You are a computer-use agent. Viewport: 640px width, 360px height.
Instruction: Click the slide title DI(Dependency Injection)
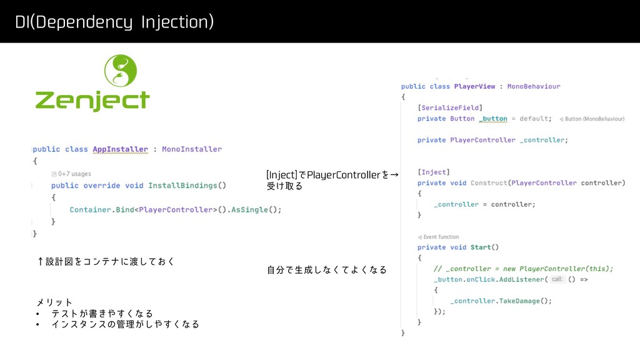(x=114, y=23)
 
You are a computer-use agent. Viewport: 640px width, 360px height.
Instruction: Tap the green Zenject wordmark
(x=92, y=101)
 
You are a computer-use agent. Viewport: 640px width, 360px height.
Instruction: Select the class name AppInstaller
(x=120, y=149)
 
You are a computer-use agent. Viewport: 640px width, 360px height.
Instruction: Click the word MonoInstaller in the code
(x=192, y=149)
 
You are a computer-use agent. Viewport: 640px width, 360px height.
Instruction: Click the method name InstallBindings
(x=184, y=186)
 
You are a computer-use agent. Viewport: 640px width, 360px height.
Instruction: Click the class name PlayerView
(x=474, y=86)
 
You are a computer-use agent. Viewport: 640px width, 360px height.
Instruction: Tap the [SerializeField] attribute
(x=450, y=107)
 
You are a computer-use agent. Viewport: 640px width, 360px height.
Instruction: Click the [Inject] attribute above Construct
(x=433, y=172)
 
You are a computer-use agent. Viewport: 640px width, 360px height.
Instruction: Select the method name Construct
(x=488, y=183)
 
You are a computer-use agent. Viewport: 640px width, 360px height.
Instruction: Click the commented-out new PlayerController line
(x=524, y=269)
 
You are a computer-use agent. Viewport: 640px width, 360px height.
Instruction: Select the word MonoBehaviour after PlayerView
(x=534, y=86)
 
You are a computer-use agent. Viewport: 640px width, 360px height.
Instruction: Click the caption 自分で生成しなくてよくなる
(x=326, y=270)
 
